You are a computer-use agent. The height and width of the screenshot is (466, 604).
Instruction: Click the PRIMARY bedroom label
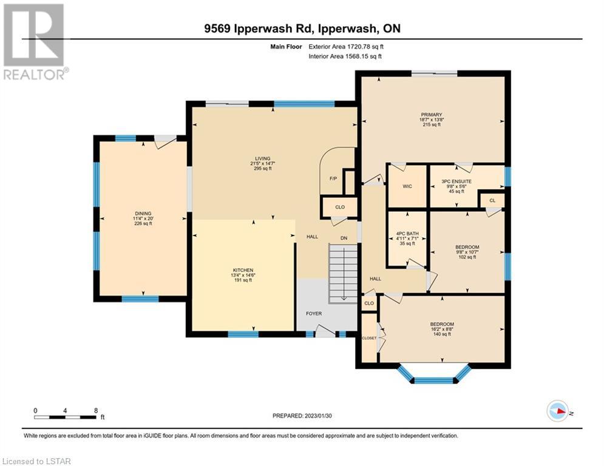pyautogui.click(x=432, y=115)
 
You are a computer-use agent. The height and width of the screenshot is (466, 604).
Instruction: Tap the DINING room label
pyautogui.click(x=143, y=214)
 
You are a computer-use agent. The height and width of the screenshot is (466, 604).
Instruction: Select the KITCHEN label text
pyautogui.click(x=243, y=271)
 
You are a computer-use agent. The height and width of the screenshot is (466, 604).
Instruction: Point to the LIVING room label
pyautogui.click(x=263, y=158)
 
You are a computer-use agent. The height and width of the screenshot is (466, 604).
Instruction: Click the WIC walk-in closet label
pyautogui.click(x=407, y=186)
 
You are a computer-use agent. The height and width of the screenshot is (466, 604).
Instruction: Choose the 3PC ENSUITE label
pyautogui.click(x=456, y=181)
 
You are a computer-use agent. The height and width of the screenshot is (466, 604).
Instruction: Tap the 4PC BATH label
pyautogui.click(x=407, y=234)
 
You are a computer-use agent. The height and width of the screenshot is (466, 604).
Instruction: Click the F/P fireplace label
pyautogui.click(x=333, y=179)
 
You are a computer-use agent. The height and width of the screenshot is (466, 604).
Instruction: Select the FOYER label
pyautogui.click(x=314, y=314)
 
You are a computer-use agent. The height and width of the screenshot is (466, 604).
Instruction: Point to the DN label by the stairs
pyautogui.click(x=344, y=238)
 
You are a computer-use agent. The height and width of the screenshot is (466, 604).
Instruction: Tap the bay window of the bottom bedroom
pyautogui.click(x=434, y=374)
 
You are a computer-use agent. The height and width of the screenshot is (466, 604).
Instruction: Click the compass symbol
pyautogui.click(x=558, y=411)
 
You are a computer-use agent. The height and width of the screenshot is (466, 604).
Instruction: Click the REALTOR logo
pyautogui.click(x=35, y=42)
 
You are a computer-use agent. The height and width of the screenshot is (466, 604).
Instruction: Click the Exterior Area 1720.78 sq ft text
pyautogui.click(x=346, y=47)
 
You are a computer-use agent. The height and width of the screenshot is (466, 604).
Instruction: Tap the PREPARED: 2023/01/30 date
pyautogui.click(x=302, y=416)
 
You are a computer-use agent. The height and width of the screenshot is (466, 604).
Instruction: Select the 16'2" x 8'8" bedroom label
pyautogui.click(x=442, y=329)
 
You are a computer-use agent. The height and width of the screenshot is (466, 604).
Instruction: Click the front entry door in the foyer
pyautogui.click(x=325, y=331)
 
